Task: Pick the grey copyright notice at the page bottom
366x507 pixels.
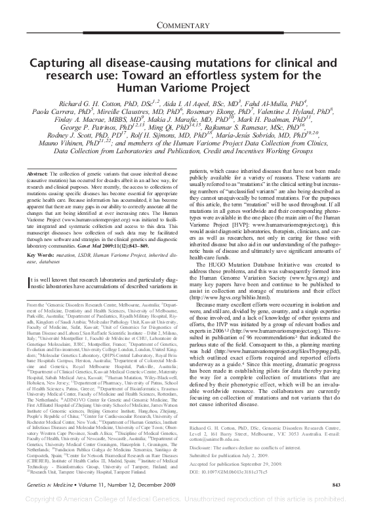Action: pos(183,500)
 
